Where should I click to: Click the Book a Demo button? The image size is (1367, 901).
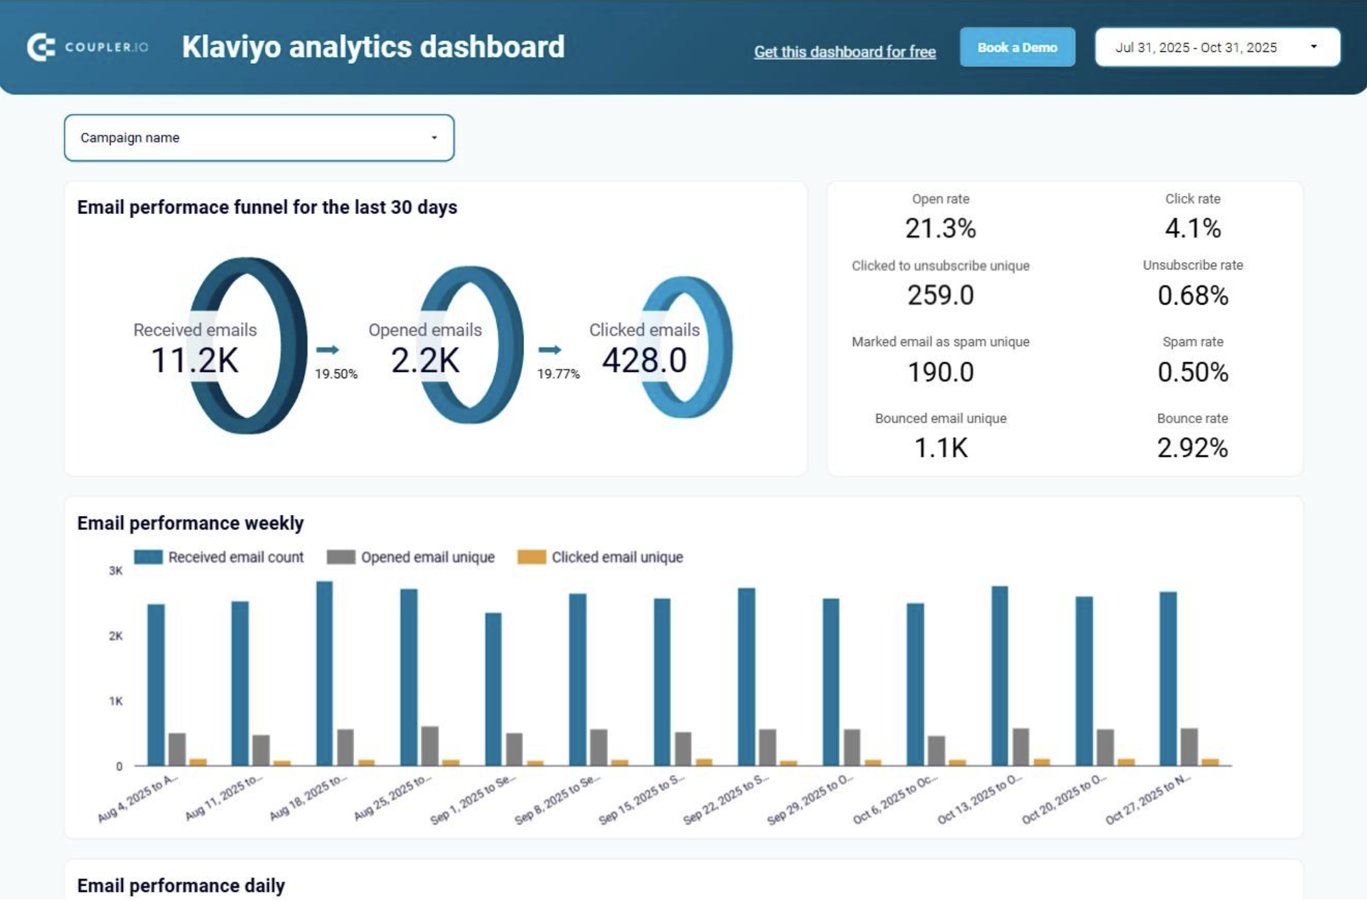(1017, 47)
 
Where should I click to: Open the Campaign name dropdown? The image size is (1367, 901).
(259, 138)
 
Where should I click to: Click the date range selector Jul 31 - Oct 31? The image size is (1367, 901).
(1217, 47)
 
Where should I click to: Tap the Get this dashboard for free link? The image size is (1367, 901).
(844, 52)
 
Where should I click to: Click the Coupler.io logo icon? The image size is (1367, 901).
(41, 47)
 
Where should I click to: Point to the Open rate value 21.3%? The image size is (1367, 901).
(940, 228)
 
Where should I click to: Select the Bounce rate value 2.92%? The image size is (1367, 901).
(1192, 448)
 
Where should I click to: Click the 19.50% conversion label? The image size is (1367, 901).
(335, 374)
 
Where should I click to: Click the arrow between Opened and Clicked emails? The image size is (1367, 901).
(549, 349)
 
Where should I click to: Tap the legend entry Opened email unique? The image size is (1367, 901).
(427, 557)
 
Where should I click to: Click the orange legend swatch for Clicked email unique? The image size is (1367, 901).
(531, 557)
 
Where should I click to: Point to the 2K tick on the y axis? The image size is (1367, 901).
(116, 636)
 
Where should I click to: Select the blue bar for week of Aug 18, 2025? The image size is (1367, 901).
(324, 672)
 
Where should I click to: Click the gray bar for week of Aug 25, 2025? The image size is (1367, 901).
(429, 746)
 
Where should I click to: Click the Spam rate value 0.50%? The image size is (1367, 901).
(1192, 372)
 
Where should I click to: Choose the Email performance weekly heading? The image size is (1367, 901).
(190, 523)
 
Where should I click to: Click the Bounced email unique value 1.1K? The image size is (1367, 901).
(940, 448)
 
